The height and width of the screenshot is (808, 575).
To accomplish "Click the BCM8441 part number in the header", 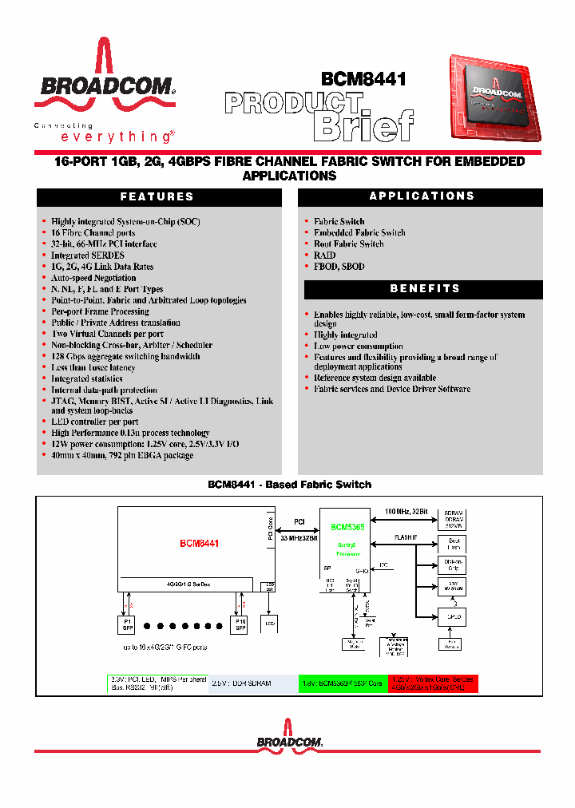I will click(x=363, y=79).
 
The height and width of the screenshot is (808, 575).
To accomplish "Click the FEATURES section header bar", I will click(x=157, y=196).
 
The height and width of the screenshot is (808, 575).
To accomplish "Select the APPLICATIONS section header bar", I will click(x=421, y=196).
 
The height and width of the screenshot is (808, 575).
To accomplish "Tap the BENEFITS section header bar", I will click(x=421, y=288).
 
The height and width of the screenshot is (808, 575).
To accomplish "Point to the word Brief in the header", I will click(x=363, y=125).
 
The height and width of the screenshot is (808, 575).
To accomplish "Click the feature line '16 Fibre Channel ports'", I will click(x=93, y=233).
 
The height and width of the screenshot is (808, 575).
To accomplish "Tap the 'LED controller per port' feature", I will click(x=94, y=422).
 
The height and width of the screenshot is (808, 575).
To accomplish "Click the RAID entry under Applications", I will click(x=324, y=255).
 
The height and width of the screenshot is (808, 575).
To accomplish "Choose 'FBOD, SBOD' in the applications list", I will click(x=339, y=267).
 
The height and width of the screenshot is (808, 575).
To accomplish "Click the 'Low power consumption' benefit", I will click(x=357, y=347).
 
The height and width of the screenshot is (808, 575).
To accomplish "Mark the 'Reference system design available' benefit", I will click(x=375, y=378).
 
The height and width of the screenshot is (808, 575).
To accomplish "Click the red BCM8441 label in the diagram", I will click(x=199, y=544).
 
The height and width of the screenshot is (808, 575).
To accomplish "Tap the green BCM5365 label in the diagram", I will click(x=347, y=528).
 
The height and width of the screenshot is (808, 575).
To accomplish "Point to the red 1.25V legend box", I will click(x=434, y=683).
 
